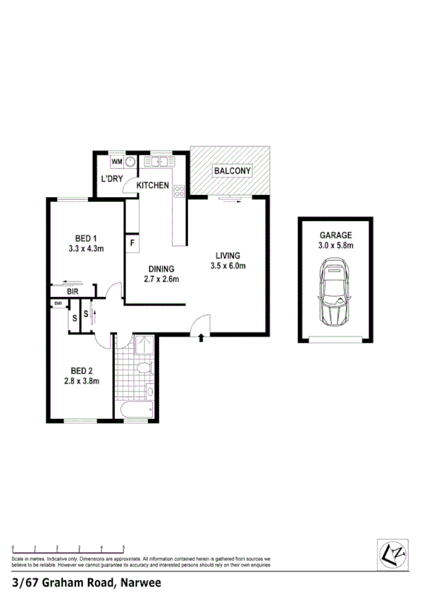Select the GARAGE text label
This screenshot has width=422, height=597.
pyautogui.click(x=335, y=236)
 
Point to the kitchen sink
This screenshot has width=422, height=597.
pyautogui.click(x=159, y=162)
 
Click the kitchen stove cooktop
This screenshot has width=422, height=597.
pyautogui.click(x=179, y=190)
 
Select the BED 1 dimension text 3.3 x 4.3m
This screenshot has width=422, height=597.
pyautogui.click(x=86, y=249)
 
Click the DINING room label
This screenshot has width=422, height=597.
pyautogui.click(x=161, y=268)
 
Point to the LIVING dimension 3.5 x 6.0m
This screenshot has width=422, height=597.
pyautogui.click(x=228, y=265)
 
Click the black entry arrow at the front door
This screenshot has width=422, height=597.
pyautogui.click(x=203, y=338)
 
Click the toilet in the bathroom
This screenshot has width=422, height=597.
pyautogui.click(x=143, y=368)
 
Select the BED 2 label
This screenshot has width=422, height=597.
pyautogui.click(x=82, y=371)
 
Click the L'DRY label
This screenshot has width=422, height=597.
pyautogui.click(x=112, y=179)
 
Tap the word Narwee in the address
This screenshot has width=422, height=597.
pyautogui.click(x=142, y=583)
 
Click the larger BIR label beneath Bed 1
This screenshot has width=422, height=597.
pyautogui.click(x=73, y=291)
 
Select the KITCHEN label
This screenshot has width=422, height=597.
pyautogui.click(x=153, y=185)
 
